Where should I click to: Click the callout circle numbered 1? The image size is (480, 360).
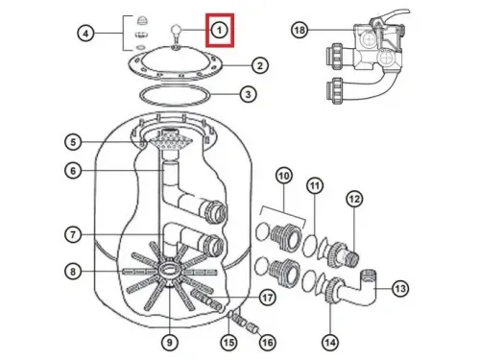pyautogui.click(x=220, y=31)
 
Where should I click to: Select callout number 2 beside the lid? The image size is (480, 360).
pyautogui.click(x=260, y=65)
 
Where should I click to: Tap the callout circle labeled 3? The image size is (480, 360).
pyautogui.click(x=248, y=94)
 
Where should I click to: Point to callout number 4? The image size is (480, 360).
pyautogui.click(x=85, y=34)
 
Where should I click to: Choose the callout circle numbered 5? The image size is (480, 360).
pyautogui.click(x=73, y=142)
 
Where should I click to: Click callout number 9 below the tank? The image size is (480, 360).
pyautogui.click(x=170, y=343)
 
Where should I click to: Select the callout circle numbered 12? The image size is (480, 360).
pyautogui.click(x=354, y=199)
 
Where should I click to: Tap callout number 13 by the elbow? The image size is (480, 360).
pyautogui.click(x=400, y=289)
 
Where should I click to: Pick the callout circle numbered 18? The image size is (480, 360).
pyautogui.click(x=300, y=30)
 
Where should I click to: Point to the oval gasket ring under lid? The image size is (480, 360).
pyautogui.click(x=175, y=95)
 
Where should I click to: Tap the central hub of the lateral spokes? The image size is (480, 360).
pyautogui.click(x=169, y=269)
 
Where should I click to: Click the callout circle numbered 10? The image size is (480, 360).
pyautogui.click(x=284, y=176)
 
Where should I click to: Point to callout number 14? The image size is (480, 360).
pyautogui.click(x=330, y=343)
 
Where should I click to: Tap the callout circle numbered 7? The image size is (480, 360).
pyautogui.click(x=73, y=234)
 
